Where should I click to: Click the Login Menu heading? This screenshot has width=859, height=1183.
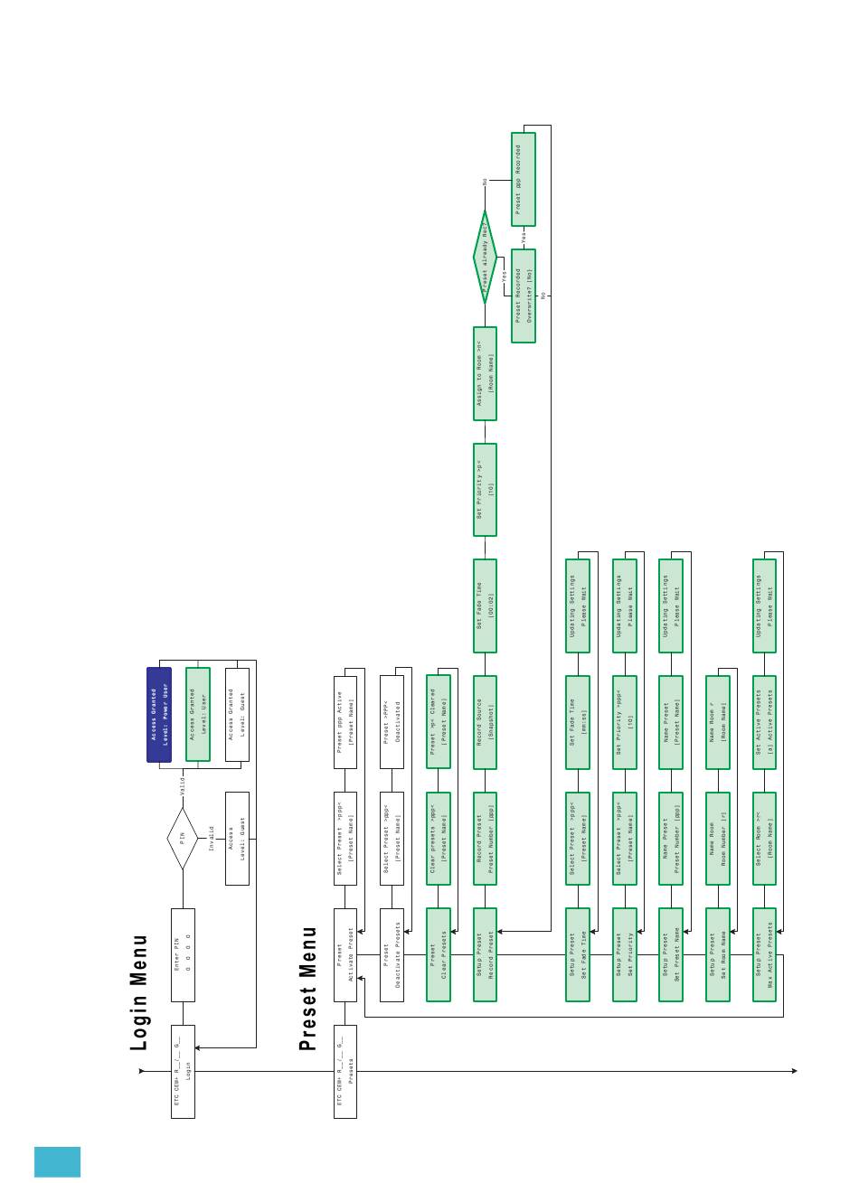click(139, 992)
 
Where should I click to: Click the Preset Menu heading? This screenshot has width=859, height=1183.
click(308, 988)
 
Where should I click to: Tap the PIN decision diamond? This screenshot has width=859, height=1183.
click(182, 840)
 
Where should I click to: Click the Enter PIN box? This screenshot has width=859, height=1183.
click(183, 954)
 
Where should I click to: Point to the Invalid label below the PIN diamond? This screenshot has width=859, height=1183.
click(212, 839)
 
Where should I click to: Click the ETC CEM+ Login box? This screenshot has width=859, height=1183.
click(183, 1071)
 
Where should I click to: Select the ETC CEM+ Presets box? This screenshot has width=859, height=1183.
click(345, 1071)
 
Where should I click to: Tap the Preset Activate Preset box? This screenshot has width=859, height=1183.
click(345, 954)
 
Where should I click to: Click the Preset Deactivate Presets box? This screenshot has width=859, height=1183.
click(392, 954)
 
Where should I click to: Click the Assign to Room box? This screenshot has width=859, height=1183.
click(486, 373)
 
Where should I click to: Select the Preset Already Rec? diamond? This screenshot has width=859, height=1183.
click(486, 258)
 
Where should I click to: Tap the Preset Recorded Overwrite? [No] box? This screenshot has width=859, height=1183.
click(524, 296)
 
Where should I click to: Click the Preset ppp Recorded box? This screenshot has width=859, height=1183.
click(524, 179)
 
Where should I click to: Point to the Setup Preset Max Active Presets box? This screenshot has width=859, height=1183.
click(765, 954)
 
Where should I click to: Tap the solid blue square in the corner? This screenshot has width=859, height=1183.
click(57, 1161)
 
